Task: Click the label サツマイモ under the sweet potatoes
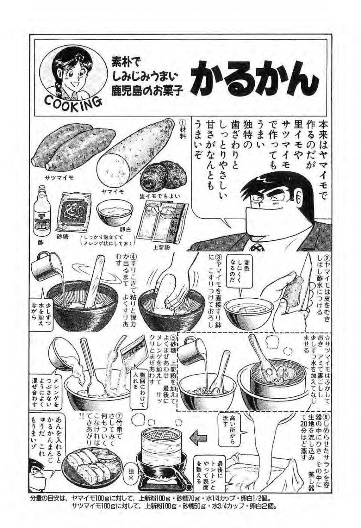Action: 59,177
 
